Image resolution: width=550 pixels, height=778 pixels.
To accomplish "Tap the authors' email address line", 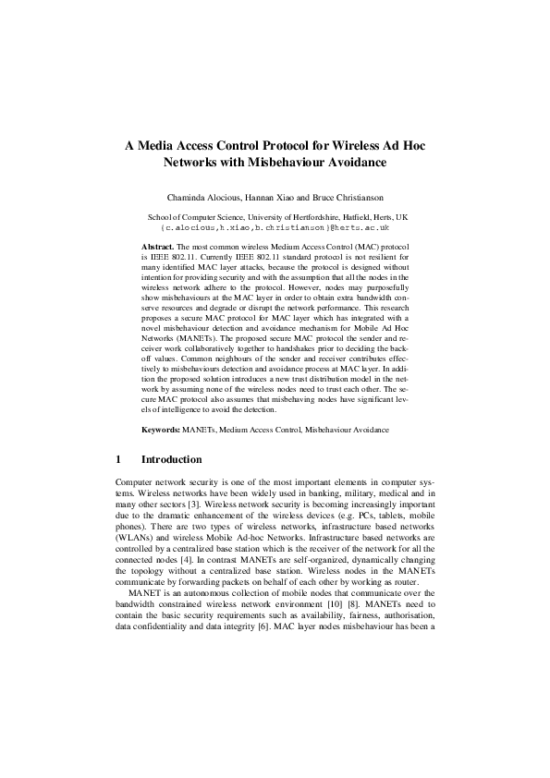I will [x=275, y=226].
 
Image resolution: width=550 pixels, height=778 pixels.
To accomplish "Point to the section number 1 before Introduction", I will [x=118, y=459].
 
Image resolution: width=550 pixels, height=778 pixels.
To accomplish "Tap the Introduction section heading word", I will [x=171, y=459].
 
